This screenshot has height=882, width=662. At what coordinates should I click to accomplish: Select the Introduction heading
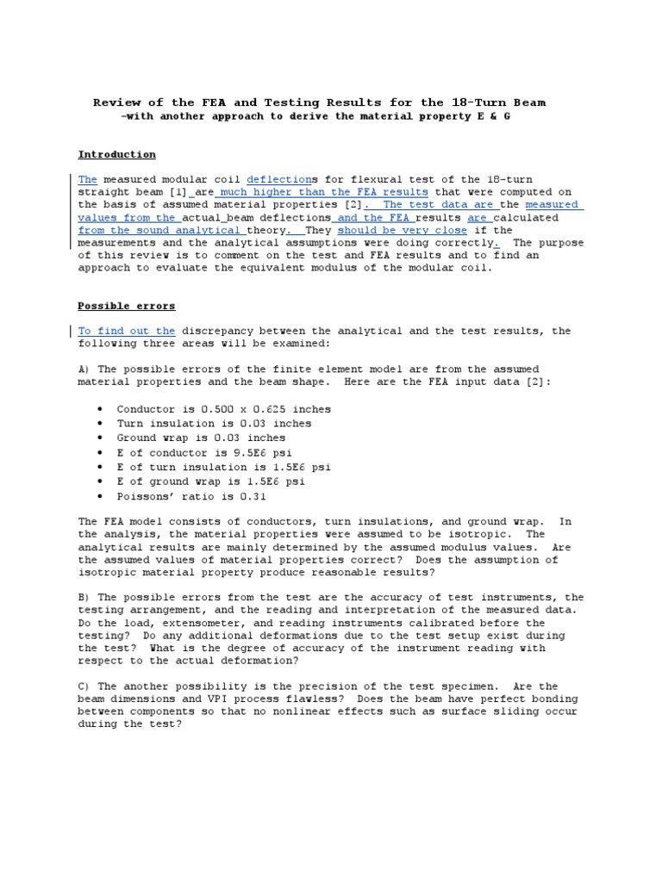116,154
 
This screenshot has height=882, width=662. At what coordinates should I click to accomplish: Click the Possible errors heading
126,306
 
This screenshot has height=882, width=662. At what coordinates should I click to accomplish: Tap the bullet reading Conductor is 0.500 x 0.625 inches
223,409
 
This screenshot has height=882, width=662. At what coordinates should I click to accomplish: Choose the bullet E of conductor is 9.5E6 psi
206,452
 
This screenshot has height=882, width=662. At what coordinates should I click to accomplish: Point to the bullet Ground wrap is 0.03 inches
201,438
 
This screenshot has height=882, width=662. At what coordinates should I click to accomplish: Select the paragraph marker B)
84,597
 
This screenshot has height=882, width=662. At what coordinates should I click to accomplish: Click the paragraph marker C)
84,686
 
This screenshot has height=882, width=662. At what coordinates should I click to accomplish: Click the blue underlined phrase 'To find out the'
126,331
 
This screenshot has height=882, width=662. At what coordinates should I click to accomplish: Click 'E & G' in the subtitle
495,115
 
